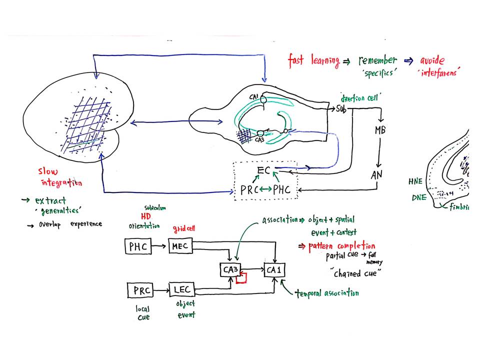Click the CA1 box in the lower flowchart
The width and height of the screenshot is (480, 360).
point(275,270)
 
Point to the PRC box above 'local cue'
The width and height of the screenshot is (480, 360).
point(141,289)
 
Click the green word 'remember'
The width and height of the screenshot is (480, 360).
point(377,60)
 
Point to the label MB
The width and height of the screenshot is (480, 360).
point(380,131)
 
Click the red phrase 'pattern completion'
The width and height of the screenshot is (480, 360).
point(342,246)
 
